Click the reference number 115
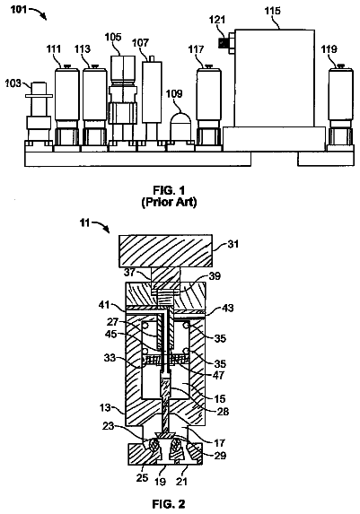272,11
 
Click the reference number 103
13,83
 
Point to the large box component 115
275,79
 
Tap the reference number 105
113,37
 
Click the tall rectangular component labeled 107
152,91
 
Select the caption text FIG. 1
169,190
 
